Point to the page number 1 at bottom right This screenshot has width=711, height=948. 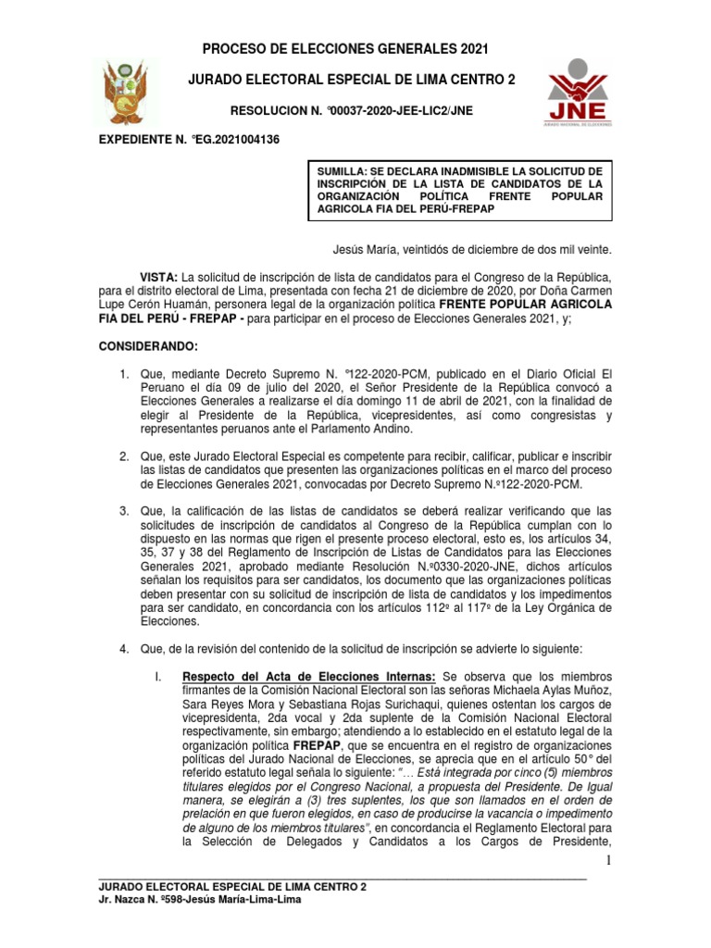tap(608, 863)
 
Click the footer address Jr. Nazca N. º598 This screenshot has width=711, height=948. tap(154, 900)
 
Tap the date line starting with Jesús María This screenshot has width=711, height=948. tap(472, 250)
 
